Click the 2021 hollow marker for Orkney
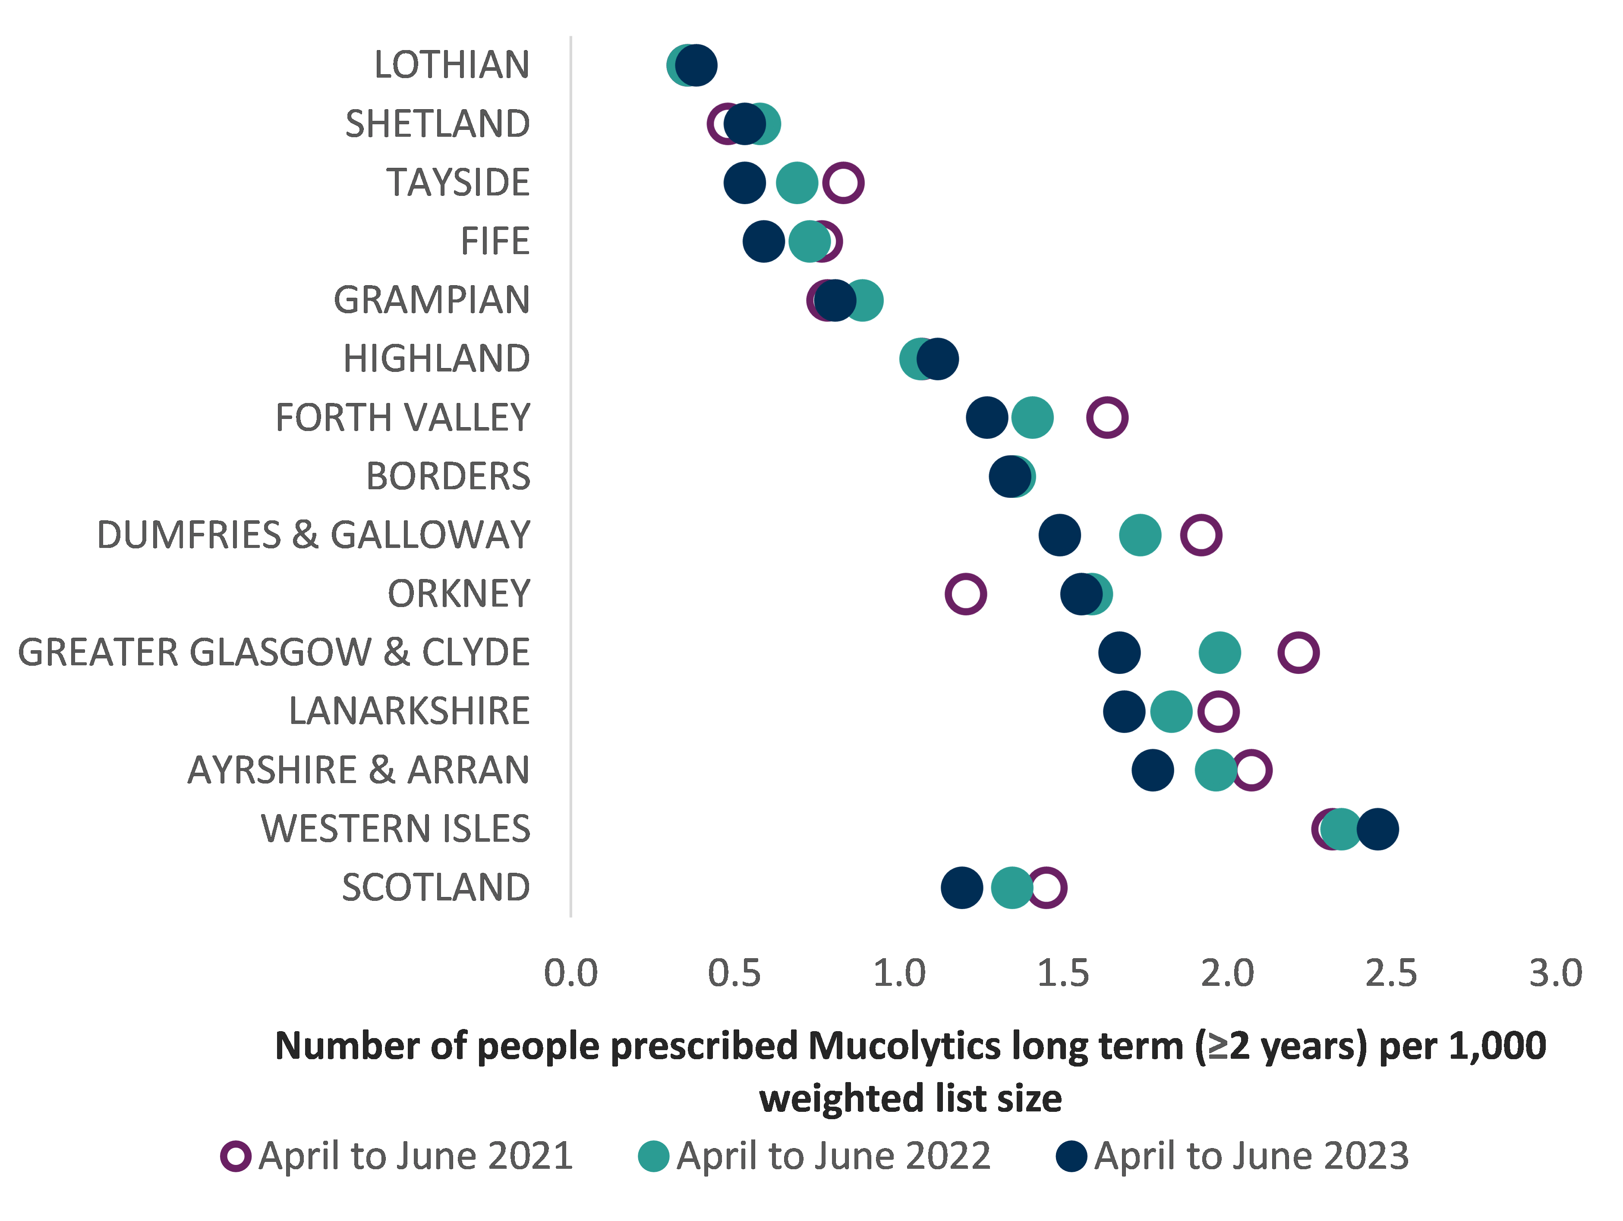pos(965,594)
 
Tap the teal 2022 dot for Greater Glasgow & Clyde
pos(1220,652)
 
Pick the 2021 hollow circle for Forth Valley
pos(1106,418)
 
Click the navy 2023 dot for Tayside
pos(744,183)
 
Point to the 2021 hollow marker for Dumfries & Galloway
pos(1201,535)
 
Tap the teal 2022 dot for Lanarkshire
pos(1171,711)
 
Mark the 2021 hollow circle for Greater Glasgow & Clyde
pos(1298,652)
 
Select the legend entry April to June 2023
pos(1232,1156)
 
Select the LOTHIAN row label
pos(451,65)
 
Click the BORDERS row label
pos(448,476)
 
